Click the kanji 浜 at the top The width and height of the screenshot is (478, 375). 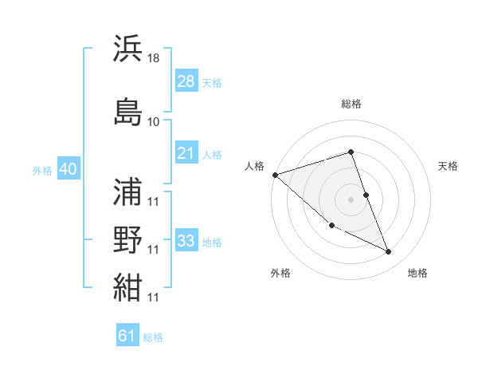(x=127, y=48)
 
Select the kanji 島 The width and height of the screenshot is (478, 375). (x=127, y=111)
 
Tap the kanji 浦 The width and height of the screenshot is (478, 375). (x=127, y=192)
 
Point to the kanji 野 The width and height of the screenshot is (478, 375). (x=127, y=240)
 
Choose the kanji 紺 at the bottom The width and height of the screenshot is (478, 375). (x=127, y=287)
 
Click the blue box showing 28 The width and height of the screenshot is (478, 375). (x=186, y=81)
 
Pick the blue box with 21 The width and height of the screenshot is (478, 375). (x=186, y=153)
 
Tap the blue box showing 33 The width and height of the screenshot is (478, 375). (x=186, y=240)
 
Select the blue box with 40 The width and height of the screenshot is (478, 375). (x=68, y=169)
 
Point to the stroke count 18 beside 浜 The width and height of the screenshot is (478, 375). (x=154, y=58)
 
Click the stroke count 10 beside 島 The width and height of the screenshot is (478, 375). (x=154, y=122)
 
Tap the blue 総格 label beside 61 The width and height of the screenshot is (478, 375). (x=153, y=337)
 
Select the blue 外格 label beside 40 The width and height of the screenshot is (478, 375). (x=42, y=171)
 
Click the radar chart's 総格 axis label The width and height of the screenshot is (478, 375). (x=351, y=104)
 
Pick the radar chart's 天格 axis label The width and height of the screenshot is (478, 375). (x=449, y=166)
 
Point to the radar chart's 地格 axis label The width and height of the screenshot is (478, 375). (x=417, y=273)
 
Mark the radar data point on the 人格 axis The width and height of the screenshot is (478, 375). (x=275, y=174)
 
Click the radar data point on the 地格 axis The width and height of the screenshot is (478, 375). (x=389, y=252)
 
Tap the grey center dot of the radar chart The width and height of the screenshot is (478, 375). (x=351, y=199)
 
